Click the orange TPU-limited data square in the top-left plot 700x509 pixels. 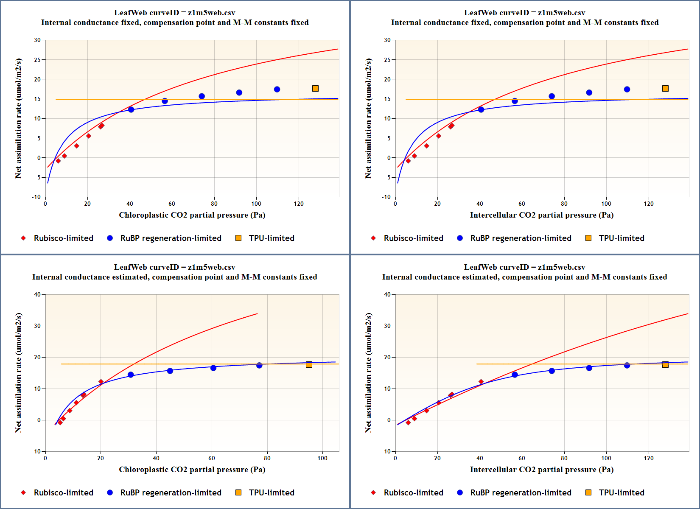click(x=315, y=88)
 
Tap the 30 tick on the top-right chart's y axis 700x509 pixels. click(x=387, y=40)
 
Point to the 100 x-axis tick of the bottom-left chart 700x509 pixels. click(x=322, y=458)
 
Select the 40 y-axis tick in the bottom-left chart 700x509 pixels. click(x=37, y=294)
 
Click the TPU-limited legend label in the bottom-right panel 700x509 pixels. click(x=622, y=492)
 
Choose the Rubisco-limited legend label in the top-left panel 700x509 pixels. click(x=64, y=238)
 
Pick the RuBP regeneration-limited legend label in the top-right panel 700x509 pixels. click(x=521, y=238)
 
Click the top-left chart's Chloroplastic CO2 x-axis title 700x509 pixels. click(x=192, y=215)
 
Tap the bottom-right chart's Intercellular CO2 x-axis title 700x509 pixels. click(x=542, y=470)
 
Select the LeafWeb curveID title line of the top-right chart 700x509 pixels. click(x=524, y=13)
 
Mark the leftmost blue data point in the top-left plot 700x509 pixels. click(x=131, y=109)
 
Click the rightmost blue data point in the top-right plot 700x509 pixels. click(x=627, y=89)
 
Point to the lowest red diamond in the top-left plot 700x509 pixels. click(x=58, y=161)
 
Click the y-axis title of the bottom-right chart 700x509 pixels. click(x=368, y=372)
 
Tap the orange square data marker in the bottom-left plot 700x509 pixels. click(x=309, y=365)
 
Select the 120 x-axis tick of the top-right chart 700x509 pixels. click(x=649, y=204)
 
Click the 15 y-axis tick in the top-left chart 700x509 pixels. click(x=37, y=99)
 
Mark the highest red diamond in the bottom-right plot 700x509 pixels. click(x=481, y=382)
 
